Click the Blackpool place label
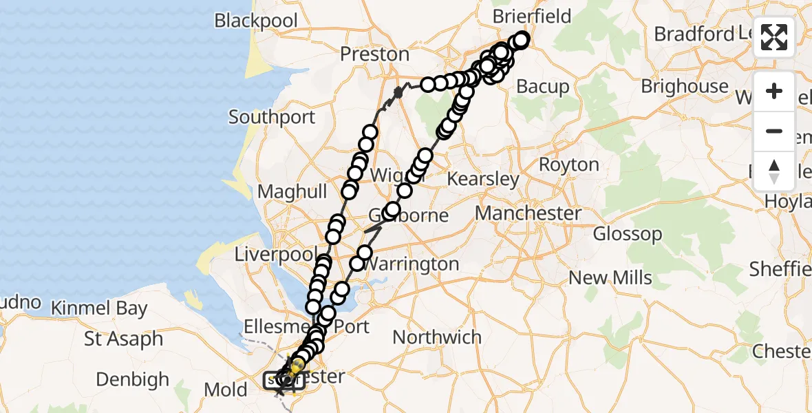(256, 21)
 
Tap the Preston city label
(376, 54)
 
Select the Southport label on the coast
(272, 117)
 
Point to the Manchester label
(528, 213)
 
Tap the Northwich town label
(437, 337)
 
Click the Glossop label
(628, 234)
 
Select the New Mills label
(610, 278)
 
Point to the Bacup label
(543, 87)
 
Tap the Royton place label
(569, 165)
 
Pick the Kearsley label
(484, 180)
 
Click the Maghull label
(293, 192)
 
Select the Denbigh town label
(133, 379)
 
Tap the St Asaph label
(124, 339)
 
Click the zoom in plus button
(774, 92)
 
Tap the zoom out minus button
(774, 131)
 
